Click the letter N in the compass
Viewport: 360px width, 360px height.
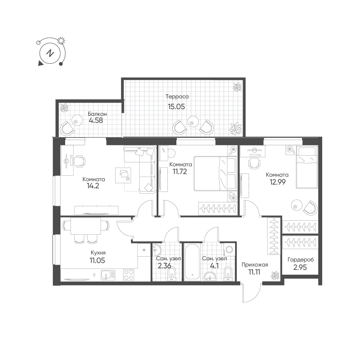pyautogui.click(x=50, y=54)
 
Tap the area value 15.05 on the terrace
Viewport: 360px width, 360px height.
pyautogui.click(x=176, y=107)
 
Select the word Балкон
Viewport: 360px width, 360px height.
pyautogui.click(x=97, y=114)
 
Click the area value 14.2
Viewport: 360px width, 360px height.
pyautogui.click(x=93, y=186)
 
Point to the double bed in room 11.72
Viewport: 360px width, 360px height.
pyautogui.click(x=215, y=174)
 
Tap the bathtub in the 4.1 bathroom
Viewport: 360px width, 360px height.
pyautogui.click(x=192, y=261)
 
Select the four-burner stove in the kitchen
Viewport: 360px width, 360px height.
pyautogui.click(x=129, y=275)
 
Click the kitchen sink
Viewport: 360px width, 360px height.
pyautogui.click(x=108, y=275)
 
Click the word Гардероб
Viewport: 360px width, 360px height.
pyautogui.click(x=301, y=260)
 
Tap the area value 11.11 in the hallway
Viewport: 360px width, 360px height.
pyautogui.click(x=255, y=272)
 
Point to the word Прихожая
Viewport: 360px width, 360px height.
pyautogui.click(x=255, y=265)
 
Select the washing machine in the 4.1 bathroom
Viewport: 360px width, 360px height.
pyautogui.click(x=229, y=249)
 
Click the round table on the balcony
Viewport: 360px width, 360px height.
pyautogui.click(x=77, y=120)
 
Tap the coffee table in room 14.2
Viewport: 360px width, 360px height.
pyautogui.click(x=123, y=175)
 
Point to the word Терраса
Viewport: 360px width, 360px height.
pyautogui.click(x=177, y=96)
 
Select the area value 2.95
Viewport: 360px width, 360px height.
pyautogui.click(x=300, y=267)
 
